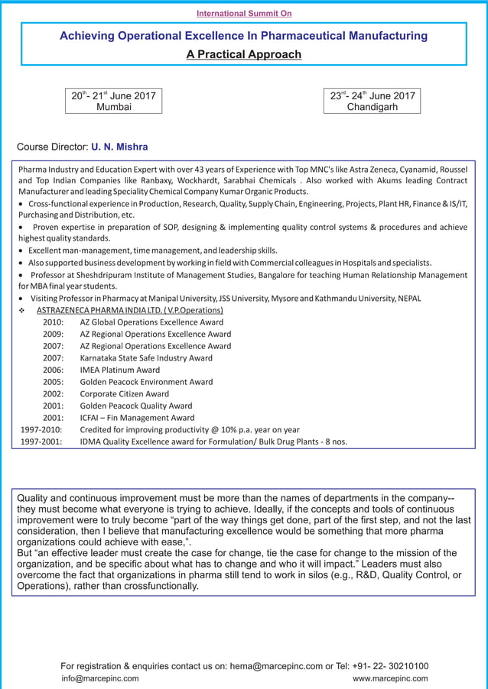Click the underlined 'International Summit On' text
(244, 13)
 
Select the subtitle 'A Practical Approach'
(244, 54)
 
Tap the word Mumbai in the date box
(113, 108)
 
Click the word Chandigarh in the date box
(373, 108)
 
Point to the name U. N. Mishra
(119, 147)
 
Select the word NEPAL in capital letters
(406, 298)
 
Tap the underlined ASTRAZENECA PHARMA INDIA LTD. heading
(130, 310)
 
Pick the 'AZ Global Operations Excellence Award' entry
(151, 322)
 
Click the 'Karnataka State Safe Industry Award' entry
(146, 357)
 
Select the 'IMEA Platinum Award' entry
(120, 370)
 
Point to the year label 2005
(53, 382)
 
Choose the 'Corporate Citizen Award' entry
(125, 394)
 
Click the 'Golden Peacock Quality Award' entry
(136, 406)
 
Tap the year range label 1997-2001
(41, 442)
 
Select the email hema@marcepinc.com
(276, 666)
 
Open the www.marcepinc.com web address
(389, 678)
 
